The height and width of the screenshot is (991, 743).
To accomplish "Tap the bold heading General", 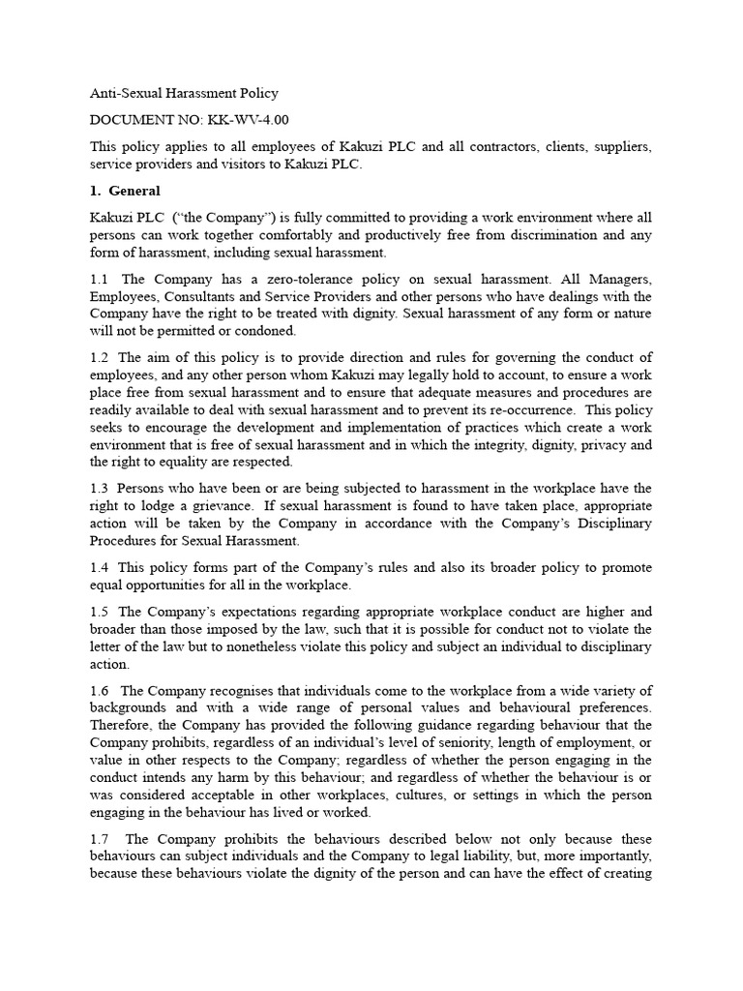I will pyautogui.click(x=134, y=191).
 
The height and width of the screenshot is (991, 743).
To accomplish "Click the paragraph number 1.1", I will pyautogui.click(x=100, y=279).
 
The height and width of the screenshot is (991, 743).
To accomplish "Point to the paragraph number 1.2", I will pyautogui.click(x=100, y=358).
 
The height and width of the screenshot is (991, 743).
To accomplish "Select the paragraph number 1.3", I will pyautogui.click(x=100, y=489).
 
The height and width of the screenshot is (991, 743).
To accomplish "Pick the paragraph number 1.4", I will pyautogui.click(x=100, y=567).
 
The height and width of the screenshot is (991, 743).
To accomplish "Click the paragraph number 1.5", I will pyautogui.click(x=100, y=612).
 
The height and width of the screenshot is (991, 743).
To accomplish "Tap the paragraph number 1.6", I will pyautogui.click(x=100, y=690).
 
